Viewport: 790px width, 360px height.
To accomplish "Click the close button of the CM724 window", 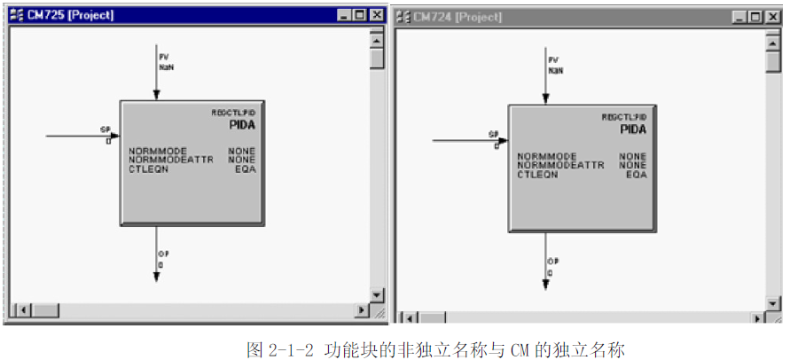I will point(773,17).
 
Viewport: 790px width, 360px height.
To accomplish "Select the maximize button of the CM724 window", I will point(757,17).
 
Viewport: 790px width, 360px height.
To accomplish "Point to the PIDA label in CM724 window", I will point(632,129).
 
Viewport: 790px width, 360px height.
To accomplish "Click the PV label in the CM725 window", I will point(165,58).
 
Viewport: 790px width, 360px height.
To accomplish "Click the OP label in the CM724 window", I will point(552,262).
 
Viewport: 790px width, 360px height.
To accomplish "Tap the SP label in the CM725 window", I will point(106,129).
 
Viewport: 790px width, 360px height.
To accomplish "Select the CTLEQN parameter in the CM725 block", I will point(149,168).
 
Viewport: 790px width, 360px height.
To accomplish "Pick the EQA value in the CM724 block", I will point(636,175).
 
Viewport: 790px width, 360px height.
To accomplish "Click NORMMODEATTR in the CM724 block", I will point(560,165).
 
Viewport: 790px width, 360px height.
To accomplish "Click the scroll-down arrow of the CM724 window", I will point(772,301).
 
